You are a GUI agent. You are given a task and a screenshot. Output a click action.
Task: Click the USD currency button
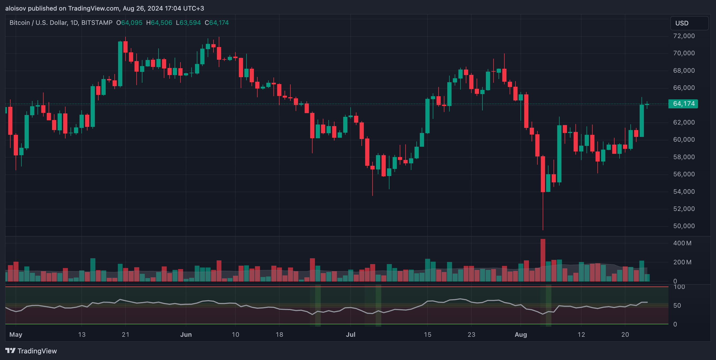tap(689, 23)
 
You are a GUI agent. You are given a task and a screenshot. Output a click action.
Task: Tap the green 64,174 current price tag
tap(683, 104)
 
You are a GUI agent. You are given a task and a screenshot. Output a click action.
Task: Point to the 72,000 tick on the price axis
tap(684, 36)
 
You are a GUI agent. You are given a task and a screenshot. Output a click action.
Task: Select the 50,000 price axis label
tap(684, 226)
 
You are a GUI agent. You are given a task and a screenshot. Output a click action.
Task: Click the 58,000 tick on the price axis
tap(684, 157)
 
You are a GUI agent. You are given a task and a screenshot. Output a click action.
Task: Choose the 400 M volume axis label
tap(682, 243)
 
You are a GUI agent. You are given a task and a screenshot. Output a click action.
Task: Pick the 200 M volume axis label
tap(682, 262)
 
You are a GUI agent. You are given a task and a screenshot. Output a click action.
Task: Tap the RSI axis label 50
tap(677, 306)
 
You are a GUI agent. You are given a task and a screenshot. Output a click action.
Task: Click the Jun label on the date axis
tap(186, 334)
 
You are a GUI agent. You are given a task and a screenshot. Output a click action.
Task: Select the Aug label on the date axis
tap(521, 334)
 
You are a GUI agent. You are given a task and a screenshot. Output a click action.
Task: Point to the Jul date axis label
tap(351, 334)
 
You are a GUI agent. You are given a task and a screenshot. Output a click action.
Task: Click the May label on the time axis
tap(16, 334)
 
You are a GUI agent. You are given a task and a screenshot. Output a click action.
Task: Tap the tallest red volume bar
tap(543, 260)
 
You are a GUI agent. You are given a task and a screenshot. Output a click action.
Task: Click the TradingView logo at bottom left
tap(31, 351)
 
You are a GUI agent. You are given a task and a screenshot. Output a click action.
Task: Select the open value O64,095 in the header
tap(129, 23)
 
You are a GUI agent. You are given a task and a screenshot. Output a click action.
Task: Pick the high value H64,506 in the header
tap(159, 23)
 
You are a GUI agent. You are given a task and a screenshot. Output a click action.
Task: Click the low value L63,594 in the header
tap(188, 23)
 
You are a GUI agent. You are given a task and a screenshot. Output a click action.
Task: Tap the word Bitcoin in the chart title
tap(20, 23)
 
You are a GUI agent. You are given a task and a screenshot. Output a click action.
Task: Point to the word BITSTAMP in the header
tap(97, 23)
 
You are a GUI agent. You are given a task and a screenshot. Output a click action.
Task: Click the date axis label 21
tap(126, 334)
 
